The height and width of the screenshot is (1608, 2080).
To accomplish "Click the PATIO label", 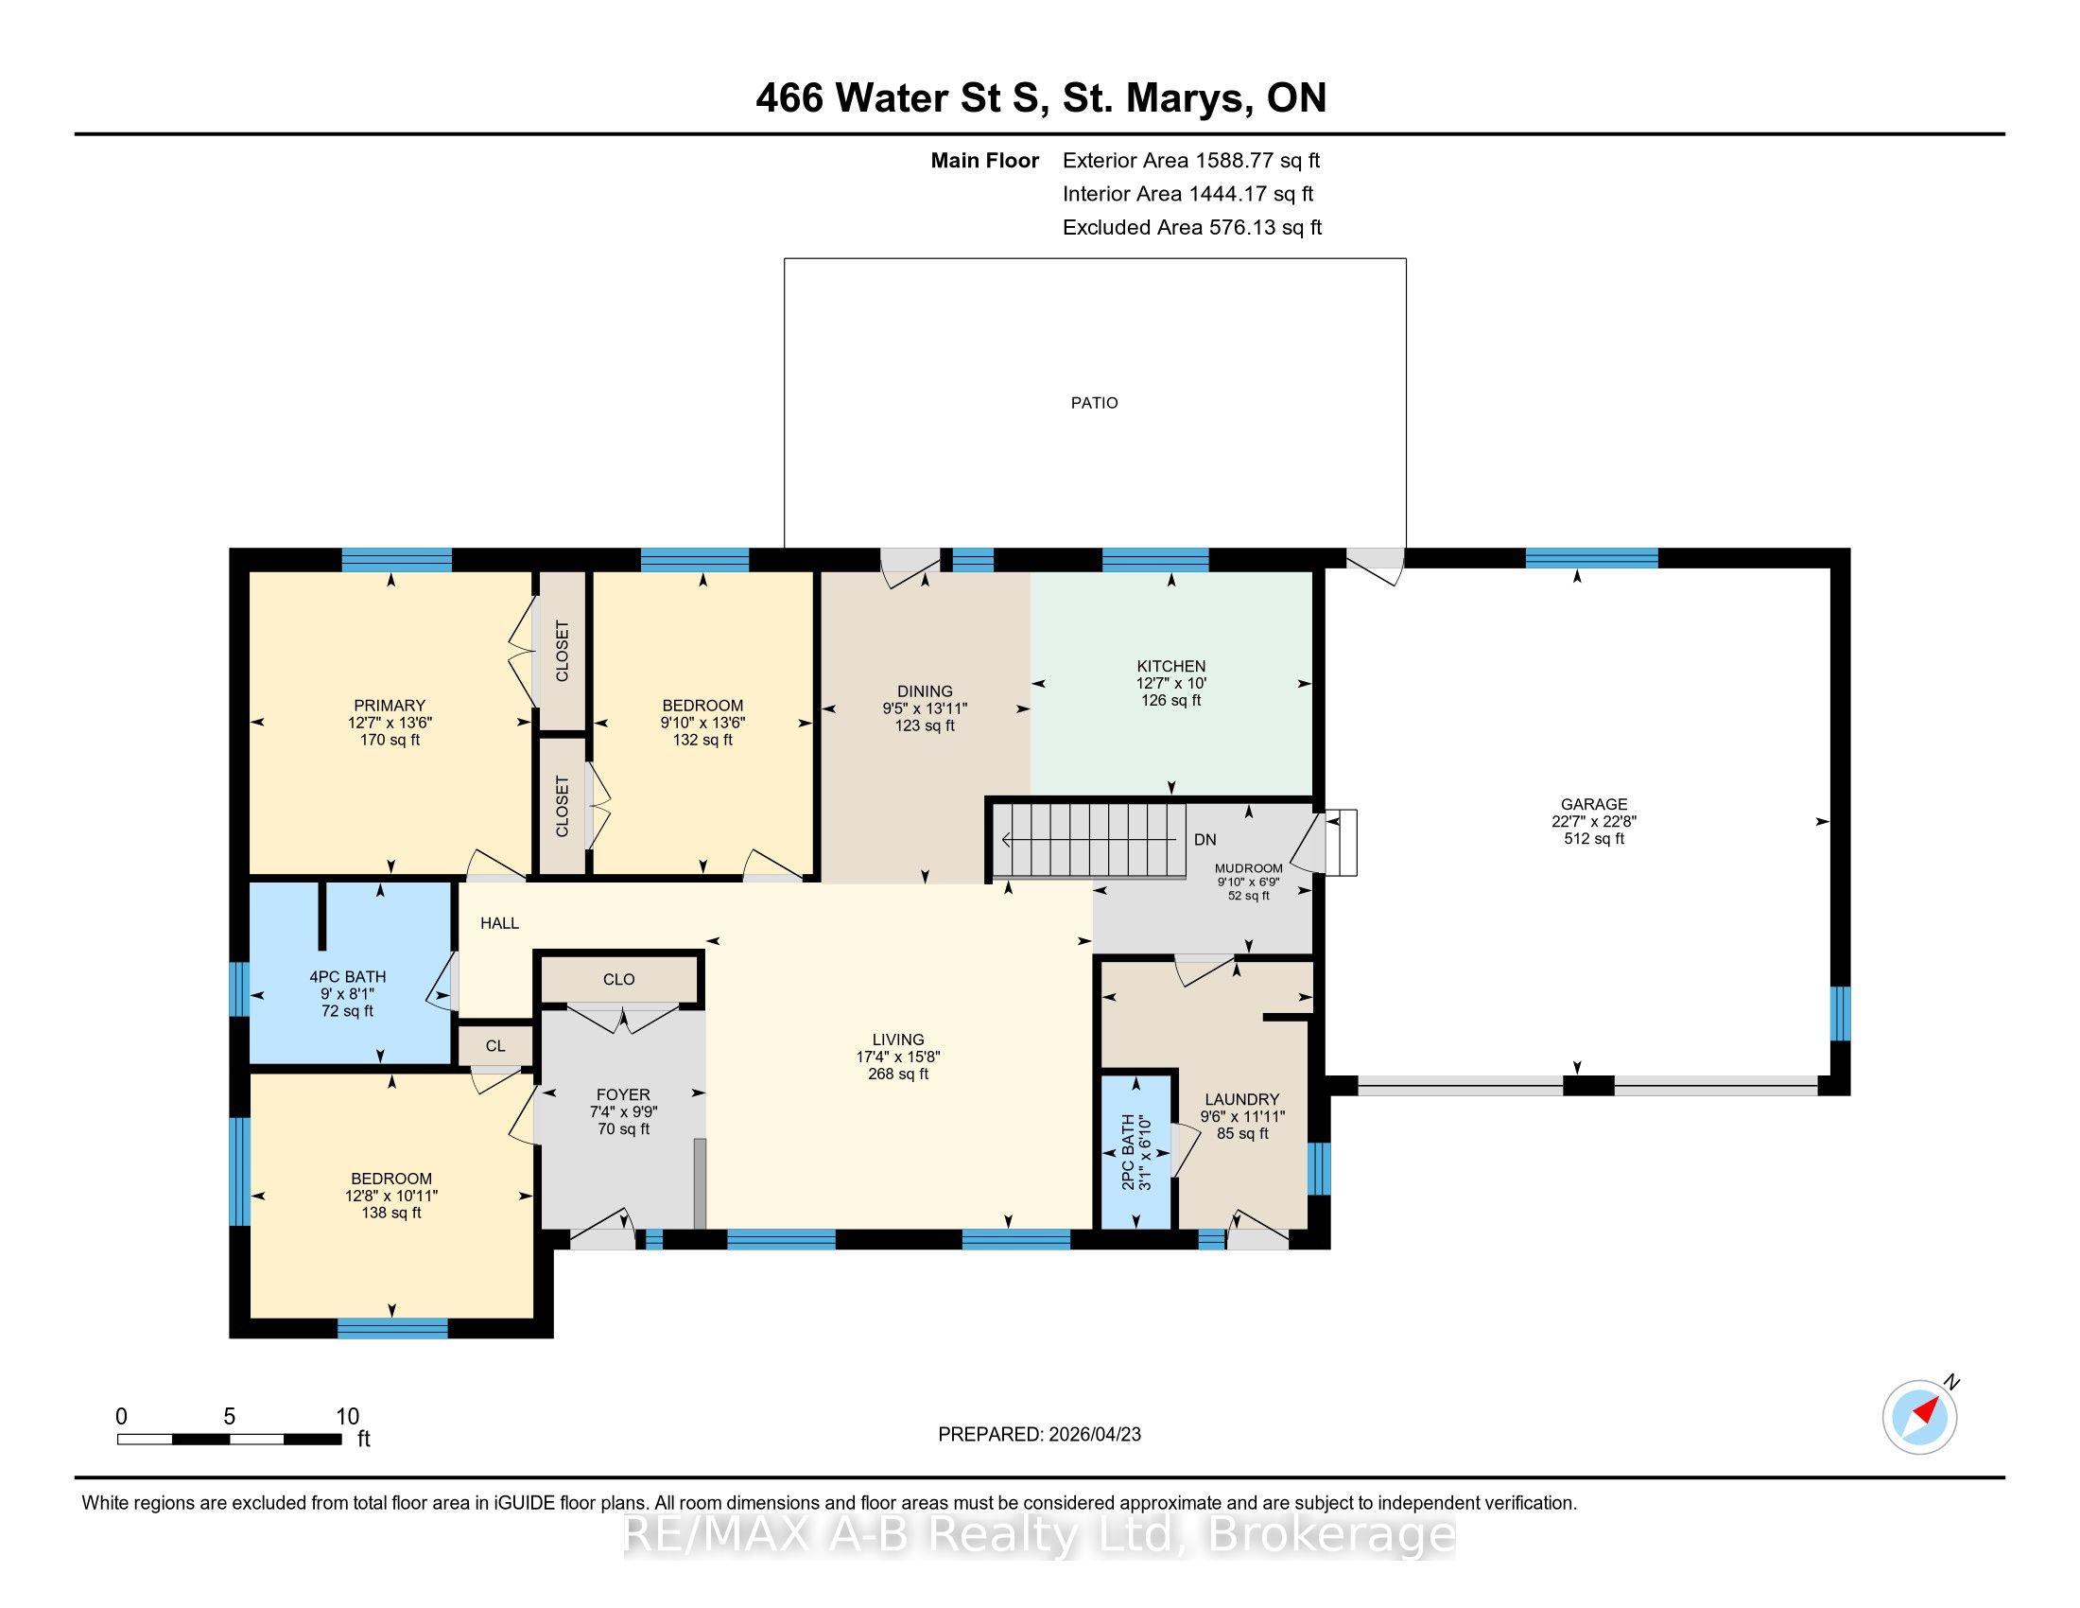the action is coord(1094,403).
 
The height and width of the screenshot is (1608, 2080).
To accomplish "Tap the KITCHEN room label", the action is coord(1171,666).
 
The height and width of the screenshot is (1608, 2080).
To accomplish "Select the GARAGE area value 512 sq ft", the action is coord(1593,838).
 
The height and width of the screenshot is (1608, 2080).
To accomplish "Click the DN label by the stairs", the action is coord(1205,839).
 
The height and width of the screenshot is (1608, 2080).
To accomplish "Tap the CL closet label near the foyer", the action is coord(495,1046).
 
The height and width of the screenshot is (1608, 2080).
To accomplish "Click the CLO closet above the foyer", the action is coord(619,979).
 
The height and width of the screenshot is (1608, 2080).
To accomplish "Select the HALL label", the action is coord(499,923).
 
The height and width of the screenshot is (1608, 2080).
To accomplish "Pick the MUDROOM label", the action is coord(1249,867).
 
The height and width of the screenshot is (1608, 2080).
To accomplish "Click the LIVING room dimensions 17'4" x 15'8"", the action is coord(898,1057).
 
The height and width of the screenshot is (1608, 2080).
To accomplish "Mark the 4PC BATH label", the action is coord(348,976).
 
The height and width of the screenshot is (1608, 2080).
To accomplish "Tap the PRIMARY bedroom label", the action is coord(390,706).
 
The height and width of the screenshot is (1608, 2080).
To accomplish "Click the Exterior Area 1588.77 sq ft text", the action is coord(1191,160).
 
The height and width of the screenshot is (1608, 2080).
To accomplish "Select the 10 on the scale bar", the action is coord(348,1416).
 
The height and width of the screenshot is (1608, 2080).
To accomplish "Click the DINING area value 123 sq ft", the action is coord(925,725).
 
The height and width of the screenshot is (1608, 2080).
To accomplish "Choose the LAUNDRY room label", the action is coord(1242,1099).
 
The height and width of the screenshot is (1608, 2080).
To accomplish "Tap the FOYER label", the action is coord(624,1094).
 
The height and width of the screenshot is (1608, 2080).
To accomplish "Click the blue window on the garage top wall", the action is coord(1591,558).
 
